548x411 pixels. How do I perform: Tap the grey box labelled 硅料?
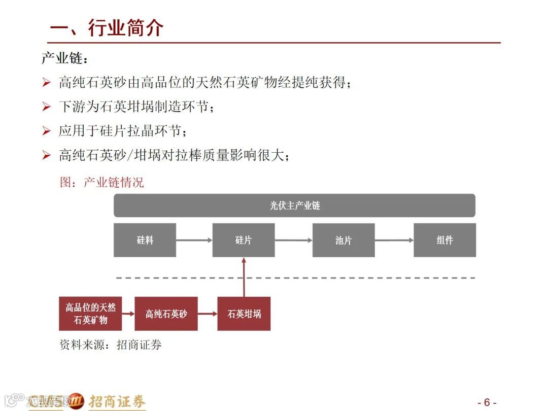145,240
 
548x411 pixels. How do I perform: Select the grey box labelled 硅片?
244,240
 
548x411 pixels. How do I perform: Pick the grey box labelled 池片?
344,240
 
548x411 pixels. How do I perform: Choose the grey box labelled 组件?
444,240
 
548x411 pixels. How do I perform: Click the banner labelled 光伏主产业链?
294,205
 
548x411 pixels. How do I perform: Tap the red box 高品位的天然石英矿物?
90,314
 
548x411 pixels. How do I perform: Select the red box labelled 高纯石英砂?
166,314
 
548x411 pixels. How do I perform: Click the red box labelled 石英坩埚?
244,314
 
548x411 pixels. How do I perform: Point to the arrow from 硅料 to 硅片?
194,240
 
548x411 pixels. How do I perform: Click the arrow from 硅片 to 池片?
293,240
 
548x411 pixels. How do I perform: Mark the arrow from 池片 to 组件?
394,240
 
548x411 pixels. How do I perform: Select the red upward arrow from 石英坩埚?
244,277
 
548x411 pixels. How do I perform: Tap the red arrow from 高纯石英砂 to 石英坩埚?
208,314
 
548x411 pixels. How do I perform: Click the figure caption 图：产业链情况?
102,182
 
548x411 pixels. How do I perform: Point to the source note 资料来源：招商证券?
111,345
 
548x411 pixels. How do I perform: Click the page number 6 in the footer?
487,402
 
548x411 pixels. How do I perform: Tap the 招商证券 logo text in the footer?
117,401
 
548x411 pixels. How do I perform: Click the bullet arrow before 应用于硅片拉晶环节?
47,131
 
